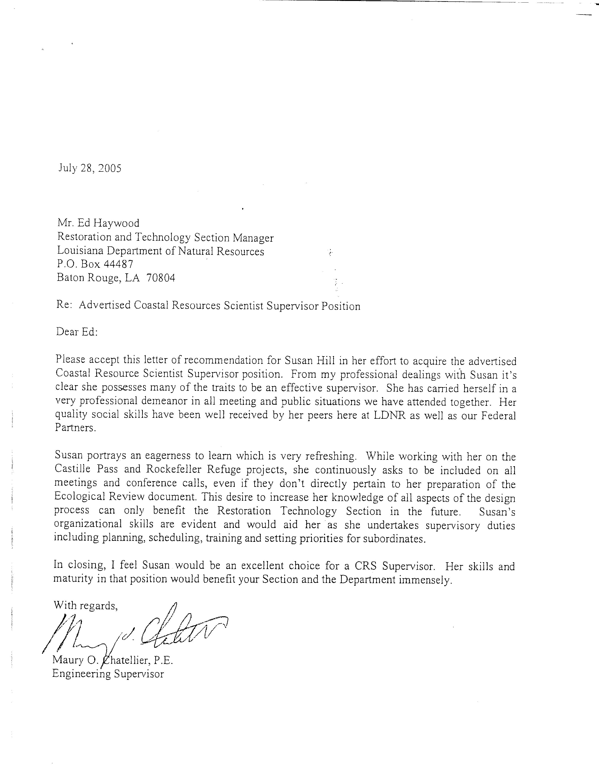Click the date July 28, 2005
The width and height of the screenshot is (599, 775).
pos(90,168)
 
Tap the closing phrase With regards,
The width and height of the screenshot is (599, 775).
pos(85,605)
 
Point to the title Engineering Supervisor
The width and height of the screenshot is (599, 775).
pos(108,674)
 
